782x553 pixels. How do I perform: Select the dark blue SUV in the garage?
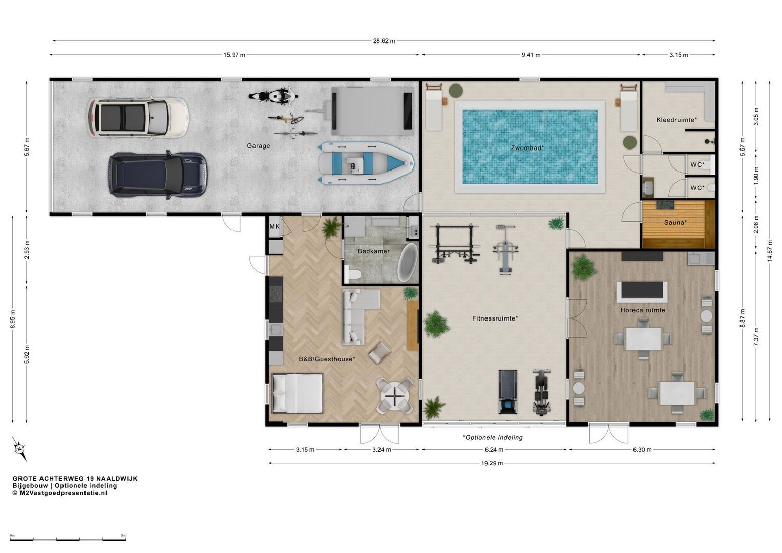[x=158, y=175]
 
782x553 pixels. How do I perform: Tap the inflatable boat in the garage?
[x=366, y=163]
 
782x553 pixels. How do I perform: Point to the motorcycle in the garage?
[x=273, y=96]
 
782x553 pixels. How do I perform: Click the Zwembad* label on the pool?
[x=527, y=148]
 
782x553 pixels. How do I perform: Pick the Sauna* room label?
[x=675, y=222]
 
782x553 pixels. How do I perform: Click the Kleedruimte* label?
[x=677, y=120]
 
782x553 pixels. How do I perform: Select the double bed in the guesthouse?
[x=297, y=393]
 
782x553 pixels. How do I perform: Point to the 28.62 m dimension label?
[x=384, y=41]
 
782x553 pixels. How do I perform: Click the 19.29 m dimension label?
[x=492, y=463]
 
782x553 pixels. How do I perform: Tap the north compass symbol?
[x=19, y=449]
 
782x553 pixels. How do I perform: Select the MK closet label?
[x=274, y=226]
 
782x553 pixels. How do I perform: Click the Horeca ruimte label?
[x=643, y=310]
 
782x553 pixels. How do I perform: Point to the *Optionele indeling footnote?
[x=493, y=437]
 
